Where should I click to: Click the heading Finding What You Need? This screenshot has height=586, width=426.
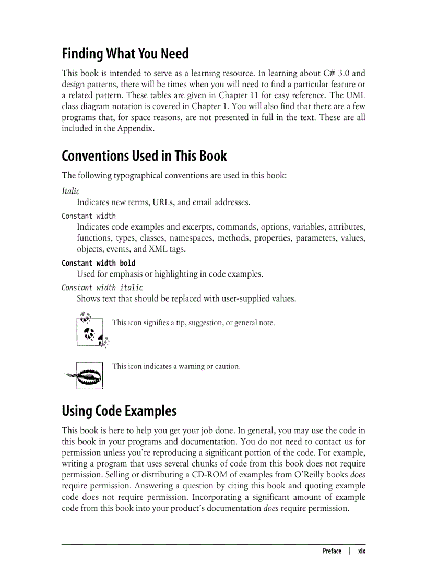[125, 54]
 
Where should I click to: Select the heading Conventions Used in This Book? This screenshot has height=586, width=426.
[144, 156]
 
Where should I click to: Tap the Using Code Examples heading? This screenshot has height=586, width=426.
[119, 411]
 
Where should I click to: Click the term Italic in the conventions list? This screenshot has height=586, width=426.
[70, 192]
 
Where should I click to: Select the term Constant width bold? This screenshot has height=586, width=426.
[98, 263]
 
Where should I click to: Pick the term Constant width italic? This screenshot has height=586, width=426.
[102, 288]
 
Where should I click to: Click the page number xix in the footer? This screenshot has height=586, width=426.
[361, 551]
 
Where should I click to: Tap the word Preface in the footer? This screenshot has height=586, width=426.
[332, 551]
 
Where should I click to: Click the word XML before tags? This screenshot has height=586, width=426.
[158, 249]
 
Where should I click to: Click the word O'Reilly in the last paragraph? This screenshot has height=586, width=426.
[299, 475]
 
